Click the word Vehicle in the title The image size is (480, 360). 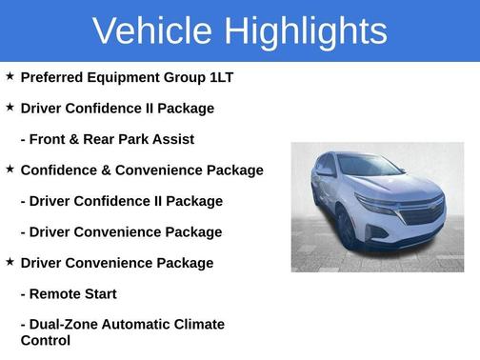tap(150, 30)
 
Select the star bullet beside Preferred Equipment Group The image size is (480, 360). tap(10, 76)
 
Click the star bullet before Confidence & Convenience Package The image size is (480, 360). tap(10, 169)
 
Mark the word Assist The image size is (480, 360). tap(172, 139)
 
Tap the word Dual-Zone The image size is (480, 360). tap(64, 325)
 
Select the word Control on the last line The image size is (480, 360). tap(45, 340)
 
